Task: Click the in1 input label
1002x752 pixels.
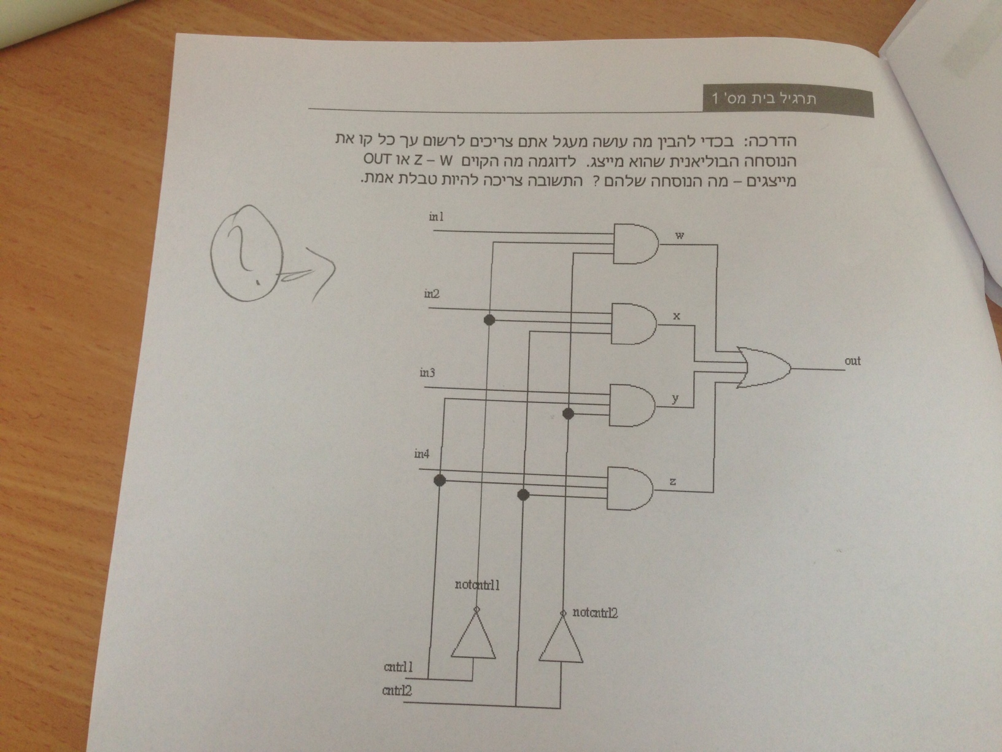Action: pyautogui.click(x=436, y=216)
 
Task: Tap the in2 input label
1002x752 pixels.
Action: pyautogui.click(x=432, y=294)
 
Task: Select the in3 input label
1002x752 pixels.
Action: pyautogui.click(x=428, y=373)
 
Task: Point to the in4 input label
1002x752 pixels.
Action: pyautogui.click(x=422, y=455)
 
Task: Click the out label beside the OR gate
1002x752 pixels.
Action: pyautogui.click(x=852, y=361)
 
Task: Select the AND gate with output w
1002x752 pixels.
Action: pyautogui.click(x=635, y=243)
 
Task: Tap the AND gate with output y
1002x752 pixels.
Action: pyautogui.click(x=632, y=405)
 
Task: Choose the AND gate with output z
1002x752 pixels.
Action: pyautogui.click(x=630, y=488)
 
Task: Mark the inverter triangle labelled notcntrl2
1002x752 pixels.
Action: pyautogui.click(x=561, y=641)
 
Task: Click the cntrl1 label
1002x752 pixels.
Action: pyautogui.click(x=398, y=667)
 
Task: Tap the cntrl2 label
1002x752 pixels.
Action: pyautogui.click(x=397, y=691)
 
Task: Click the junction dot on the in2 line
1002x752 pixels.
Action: pyautogui.click(x=489, y=319)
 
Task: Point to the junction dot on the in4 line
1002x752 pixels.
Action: pyautogui.click(x=439, y=480)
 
